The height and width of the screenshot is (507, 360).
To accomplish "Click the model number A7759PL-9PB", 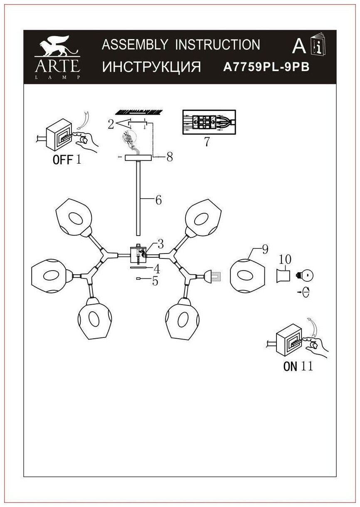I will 266,67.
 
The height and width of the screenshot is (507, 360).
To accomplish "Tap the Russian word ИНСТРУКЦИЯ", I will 152,67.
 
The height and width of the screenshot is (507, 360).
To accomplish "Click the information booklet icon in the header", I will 318,47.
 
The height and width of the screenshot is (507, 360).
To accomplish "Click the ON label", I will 290,366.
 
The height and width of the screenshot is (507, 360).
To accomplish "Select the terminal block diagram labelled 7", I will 209,121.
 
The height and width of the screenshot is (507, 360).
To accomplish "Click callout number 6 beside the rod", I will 158,200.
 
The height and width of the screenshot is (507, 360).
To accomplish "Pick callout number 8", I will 169,158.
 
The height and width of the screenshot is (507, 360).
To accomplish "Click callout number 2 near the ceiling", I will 110,124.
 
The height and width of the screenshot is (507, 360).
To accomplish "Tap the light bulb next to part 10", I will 306,274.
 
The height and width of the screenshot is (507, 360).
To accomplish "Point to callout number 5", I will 155,281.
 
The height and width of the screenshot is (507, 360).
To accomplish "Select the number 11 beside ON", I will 307,366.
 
